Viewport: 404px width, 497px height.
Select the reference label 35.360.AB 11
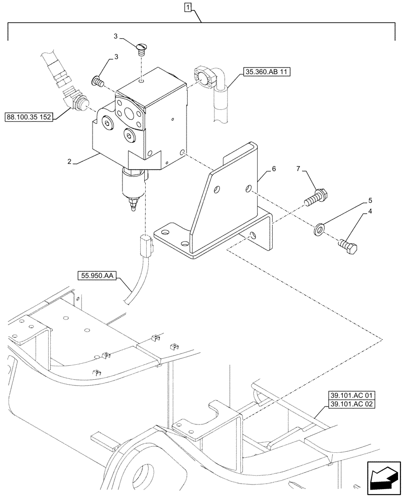point(266,72)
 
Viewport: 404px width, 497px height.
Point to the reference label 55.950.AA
point(97,274)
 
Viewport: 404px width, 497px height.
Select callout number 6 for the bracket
point(273,169)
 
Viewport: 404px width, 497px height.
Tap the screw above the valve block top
point(141,49)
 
